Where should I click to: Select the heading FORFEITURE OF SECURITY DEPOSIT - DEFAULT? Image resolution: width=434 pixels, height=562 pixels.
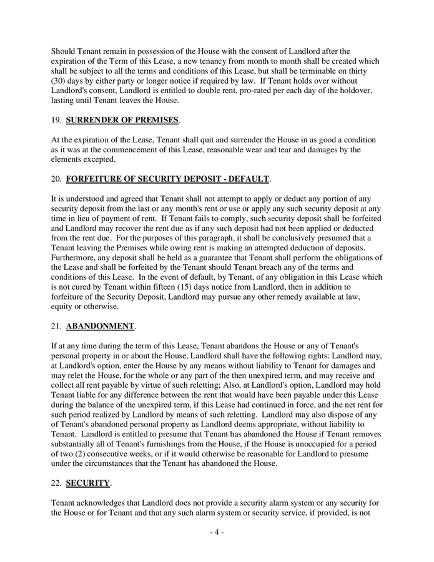[x=167, y=179]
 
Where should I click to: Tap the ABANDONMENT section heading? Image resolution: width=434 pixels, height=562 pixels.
[x=100, y=326]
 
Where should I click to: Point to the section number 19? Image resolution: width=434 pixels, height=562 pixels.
[x=56, y=120]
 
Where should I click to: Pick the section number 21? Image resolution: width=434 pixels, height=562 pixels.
[x=56, y=326]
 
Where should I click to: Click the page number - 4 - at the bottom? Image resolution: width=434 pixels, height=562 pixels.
[x=217, y=532]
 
